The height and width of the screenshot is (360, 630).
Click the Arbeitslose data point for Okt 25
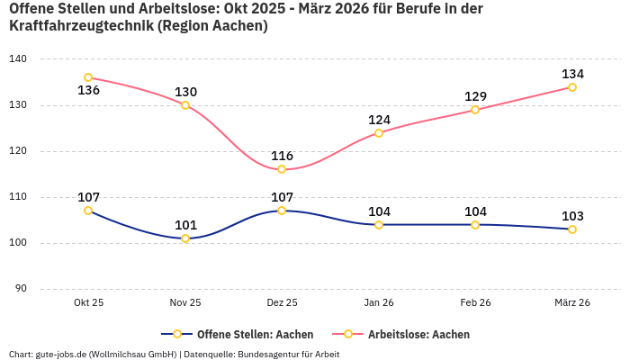click(x=88, y=77)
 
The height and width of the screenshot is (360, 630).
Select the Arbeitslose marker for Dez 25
click(x=282, y=169)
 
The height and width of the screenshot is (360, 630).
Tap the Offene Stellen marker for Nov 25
click(x=185, y=238)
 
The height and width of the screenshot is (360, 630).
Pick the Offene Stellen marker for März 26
click(x=572, y=229)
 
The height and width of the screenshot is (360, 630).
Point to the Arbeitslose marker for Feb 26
click(x=475, y=110)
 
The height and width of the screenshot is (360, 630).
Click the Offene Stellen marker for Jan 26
click(x=379, y=225)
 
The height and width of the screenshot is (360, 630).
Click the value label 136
click(x=88, y=91)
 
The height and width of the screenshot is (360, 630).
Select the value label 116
click(x=282, y=156)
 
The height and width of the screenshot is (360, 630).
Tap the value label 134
click(x=572, y=74)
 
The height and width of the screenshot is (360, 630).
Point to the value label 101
click(x=185, y=225)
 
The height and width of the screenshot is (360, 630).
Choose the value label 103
click(x=572, y=216)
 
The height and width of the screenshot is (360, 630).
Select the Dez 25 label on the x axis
click(x=282, y=303)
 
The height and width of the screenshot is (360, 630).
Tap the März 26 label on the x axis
click(x=572, y=303)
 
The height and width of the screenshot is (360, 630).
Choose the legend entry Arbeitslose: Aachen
click(x=418, y=334)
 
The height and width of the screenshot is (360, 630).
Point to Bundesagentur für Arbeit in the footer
click(x=289, y=355)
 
